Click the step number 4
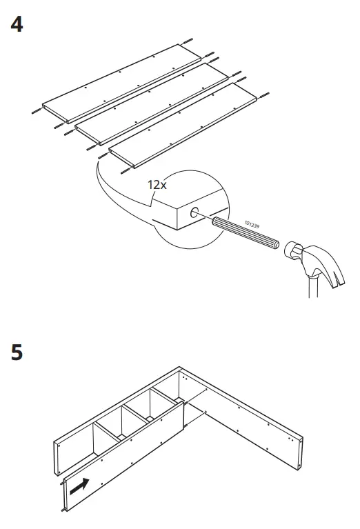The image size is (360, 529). point(17,25)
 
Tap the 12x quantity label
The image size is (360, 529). point(157,185)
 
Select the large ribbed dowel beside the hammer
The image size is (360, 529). point(244,234)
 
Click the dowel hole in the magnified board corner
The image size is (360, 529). point(195,214)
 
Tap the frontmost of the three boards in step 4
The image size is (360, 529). point(186,126)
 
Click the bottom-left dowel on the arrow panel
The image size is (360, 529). point(66,511)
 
